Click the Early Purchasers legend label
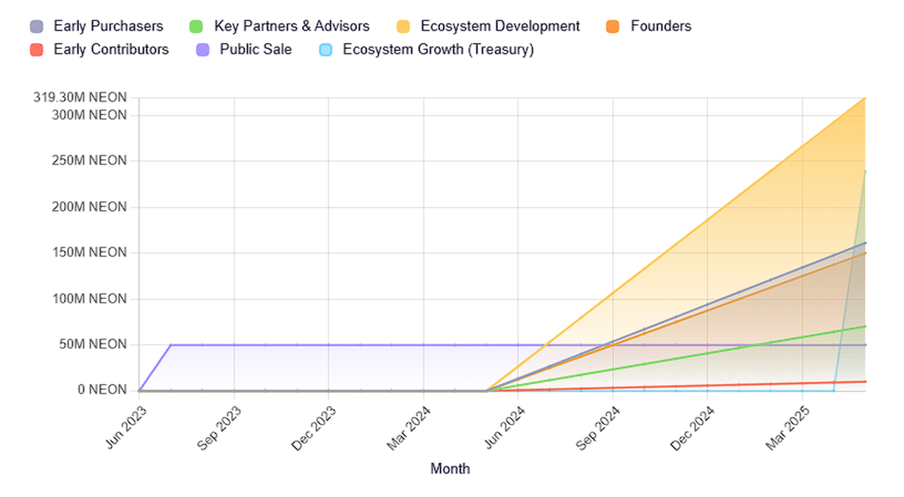point(108,26)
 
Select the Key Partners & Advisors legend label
point(292,26)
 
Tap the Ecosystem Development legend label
point(500,26)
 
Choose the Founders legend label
point(661,26)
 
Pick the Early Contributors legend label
point(111,50)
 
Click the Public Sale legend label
point(255,50)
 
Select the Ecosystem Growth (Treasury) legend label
point(438,50)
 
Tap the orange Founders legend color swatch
point(612,26)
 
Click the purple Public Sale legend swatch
point(202,50)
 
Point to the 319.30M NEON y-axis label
point(80,98)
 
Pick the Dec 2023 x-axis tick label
point(314,428)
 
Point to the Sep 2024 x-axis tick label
point(598,428)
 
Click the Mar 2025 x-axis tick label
point(788,428)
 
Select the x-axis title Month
point(450,469)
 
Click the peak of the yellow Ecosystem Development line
point(865,99)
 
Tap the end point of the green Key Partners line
point(865,326)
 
